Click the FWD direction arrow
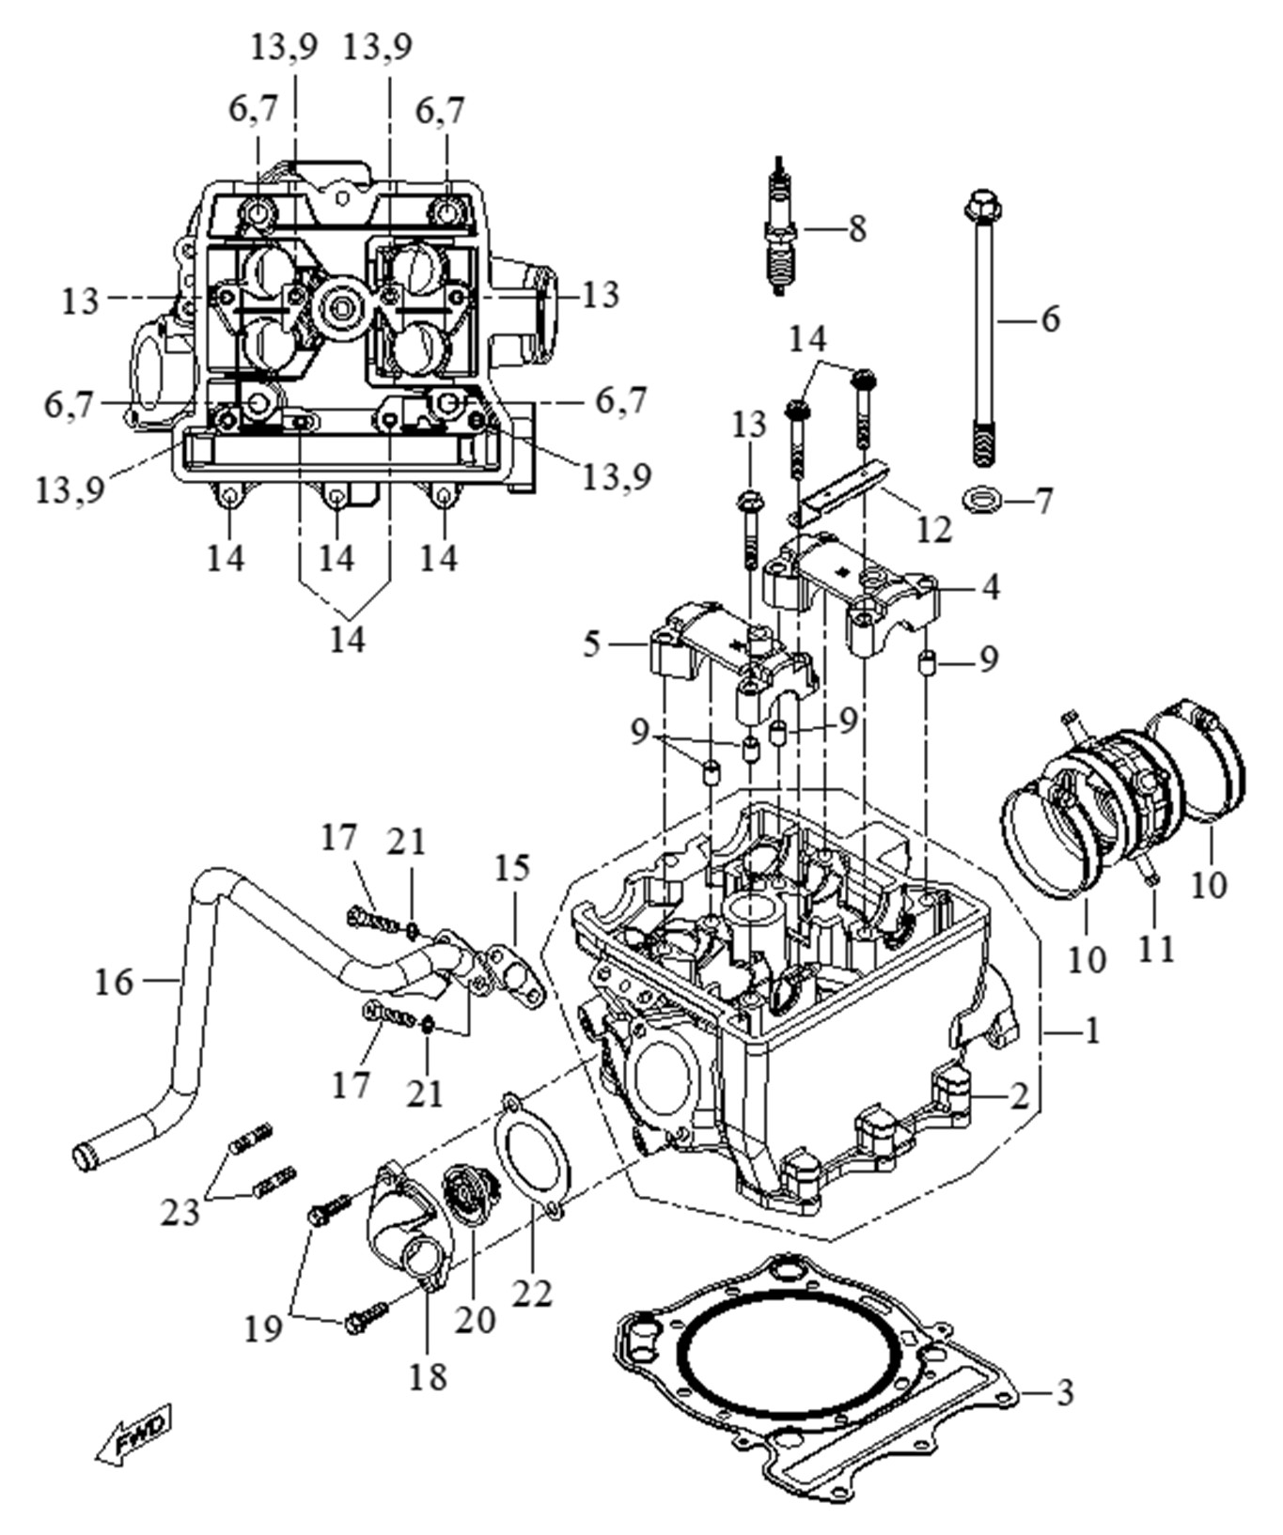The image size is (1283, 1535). tap(134, 1435)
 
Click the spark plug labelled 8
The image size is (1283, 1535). tap(779, 228)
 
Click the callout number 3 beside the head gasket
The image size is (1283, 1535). tap(1063, 1391)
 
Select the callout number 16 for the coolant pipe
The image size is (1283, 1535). tap(115, 982)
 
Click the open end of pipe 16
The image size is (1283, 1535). tap(87, 1155)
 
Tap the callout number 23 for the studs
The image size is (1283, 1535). tap(180, 1212)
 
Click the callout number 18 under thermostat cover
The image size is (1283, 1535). tap(427, 1377)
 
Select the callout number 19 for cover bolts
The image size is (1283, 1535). tap(264, 1328)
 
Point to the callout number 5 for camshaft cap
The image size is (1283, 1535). tap(591, 644)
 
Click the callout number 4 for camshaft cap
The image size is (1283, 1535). tap(990, 587)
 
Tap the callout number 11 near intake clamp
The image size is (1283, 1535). tap(1156, 949)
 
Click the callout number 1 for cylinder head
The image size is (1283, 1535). tap(1090, 1031)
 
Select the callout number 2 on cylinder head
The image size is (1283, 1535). tap(1019, 1095)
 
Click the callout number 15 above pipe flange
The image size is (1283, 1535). tap(512, 868)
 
